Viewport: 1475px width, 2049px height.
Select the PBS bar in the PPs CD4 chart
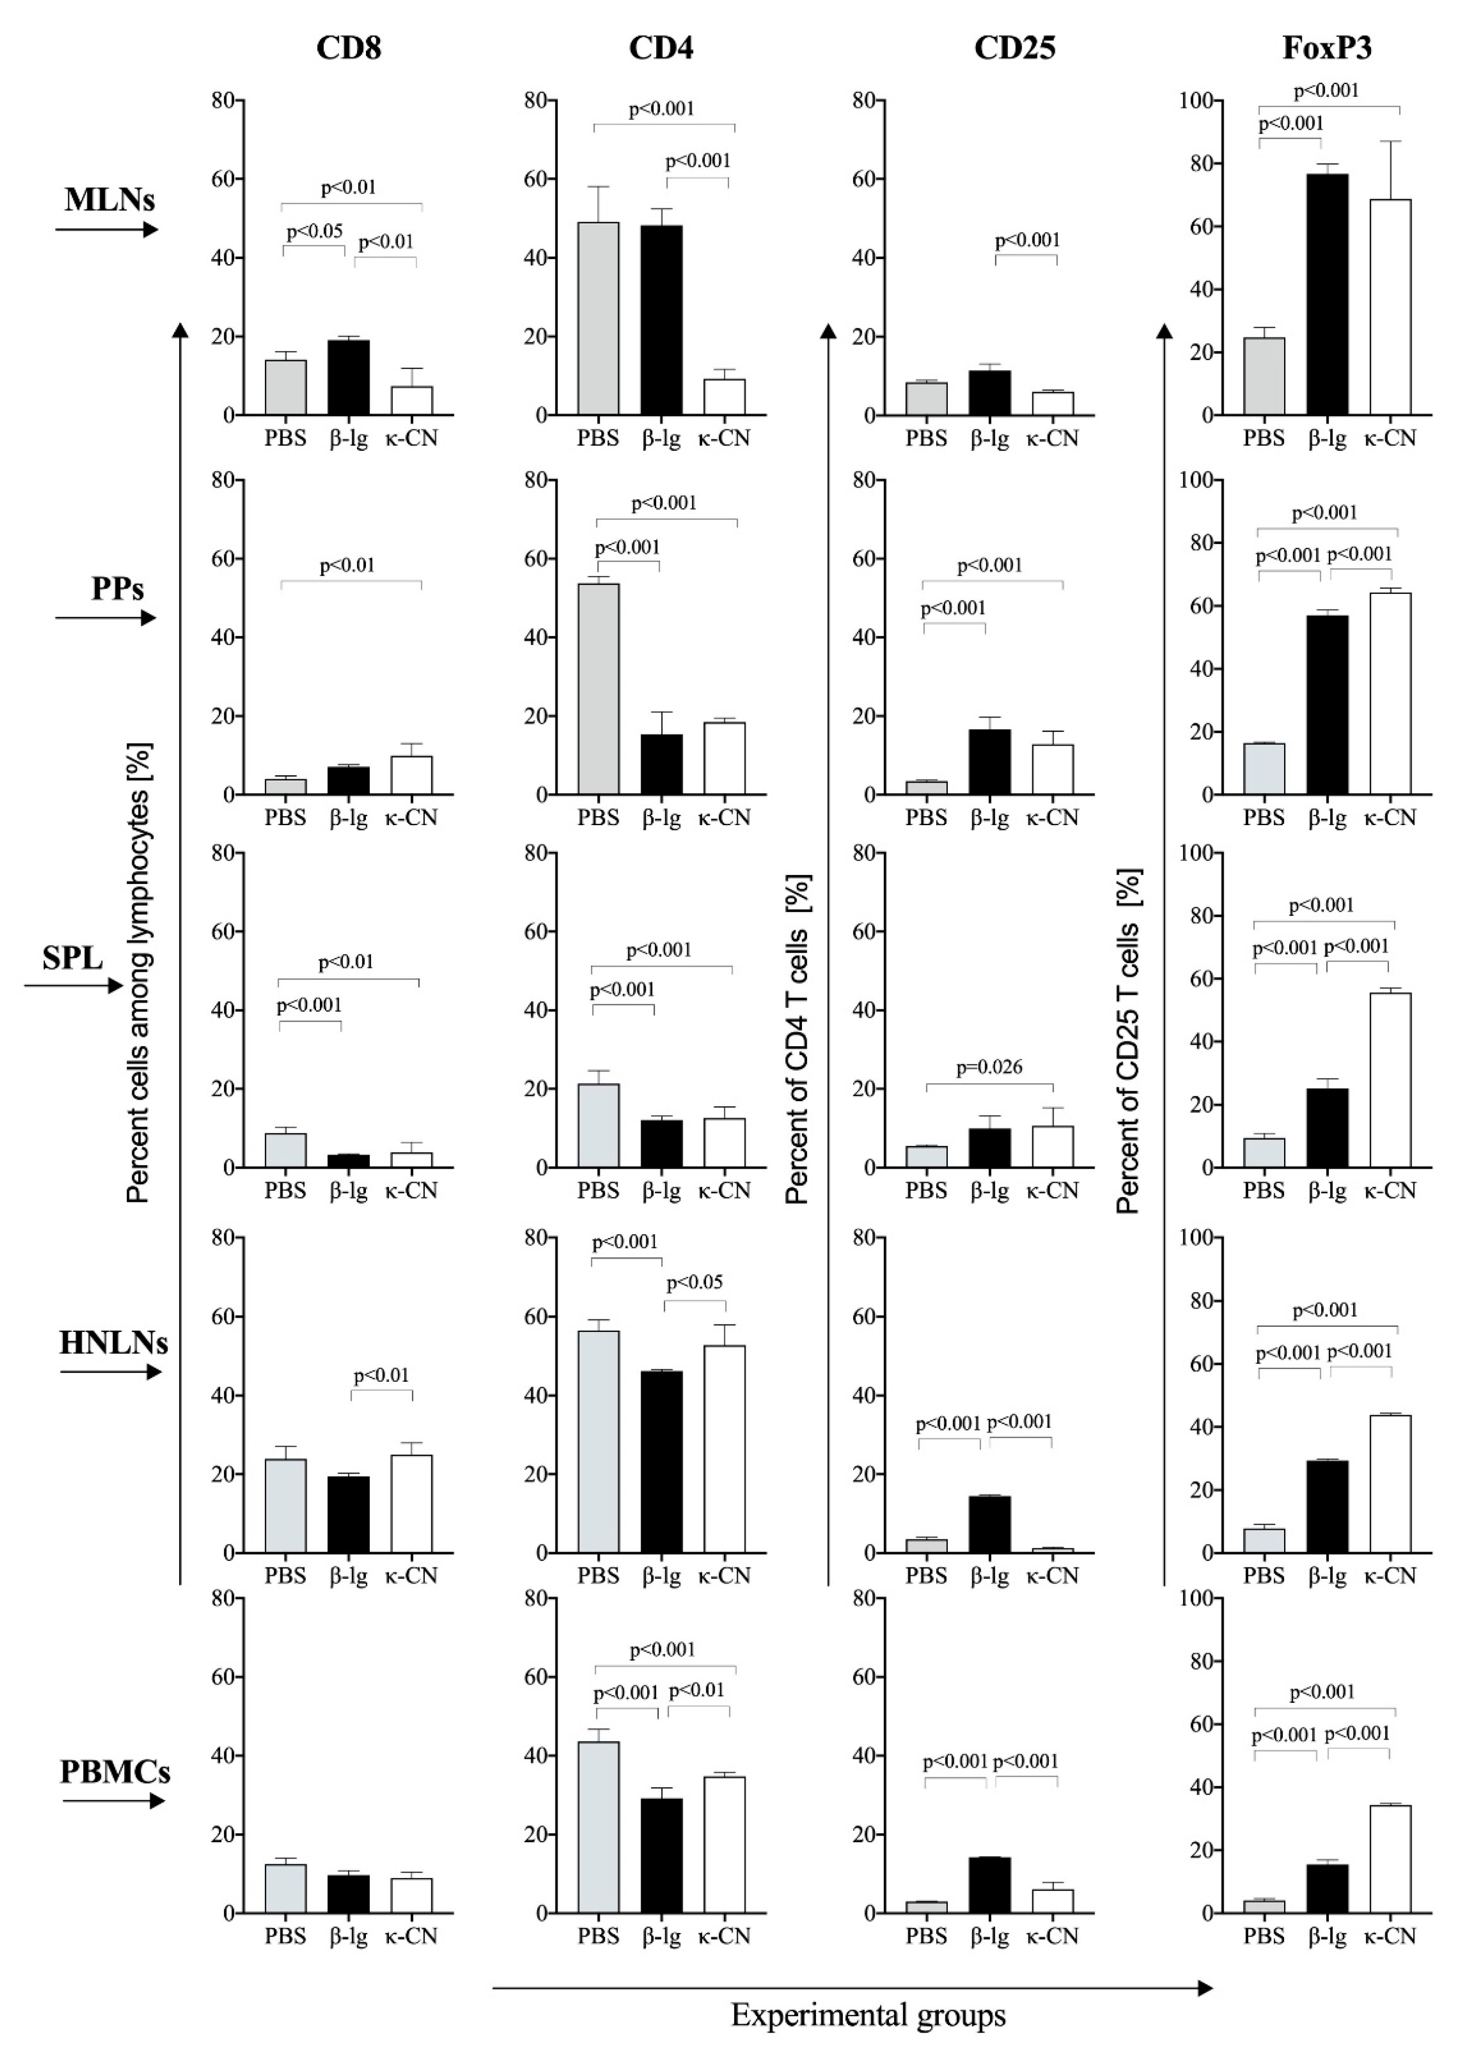click(x=598, y=689)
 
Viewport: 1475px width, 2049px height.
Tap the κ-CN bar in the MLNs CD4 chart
click(x=724, y=397)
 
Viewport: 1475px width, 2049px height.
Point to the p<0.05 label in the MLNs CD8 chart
click(x=315, y=231)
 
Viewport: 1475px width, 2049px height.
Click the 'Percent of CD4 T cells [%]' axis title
click(x=798, y=1039)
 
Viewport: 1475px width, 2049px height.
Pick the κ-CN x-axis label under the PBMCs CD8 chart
click(x=411, y=1936)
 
